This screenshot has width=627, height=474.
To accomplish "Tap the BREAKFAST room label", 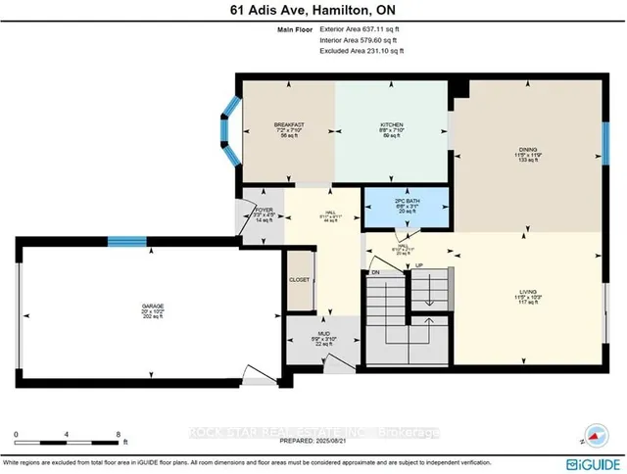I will pos(289,125).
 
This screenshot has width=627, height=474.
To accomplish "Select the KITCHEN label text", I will pos(393,125).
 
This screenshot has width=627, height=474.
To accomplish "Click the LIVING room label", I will pos(529,292).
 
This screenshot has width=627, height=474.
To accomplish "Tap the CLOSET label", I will pos(300,280).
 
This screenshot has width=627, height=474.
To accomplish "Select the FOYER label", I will pos(264,209).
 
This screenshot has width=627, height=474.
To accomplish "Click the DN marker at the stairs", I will pos(374,271).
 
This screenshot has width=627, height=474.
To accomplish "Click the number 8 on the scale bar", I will pos(118,433).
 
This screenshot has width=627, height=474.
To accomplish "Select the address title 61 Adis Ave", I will pos(313,9).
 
